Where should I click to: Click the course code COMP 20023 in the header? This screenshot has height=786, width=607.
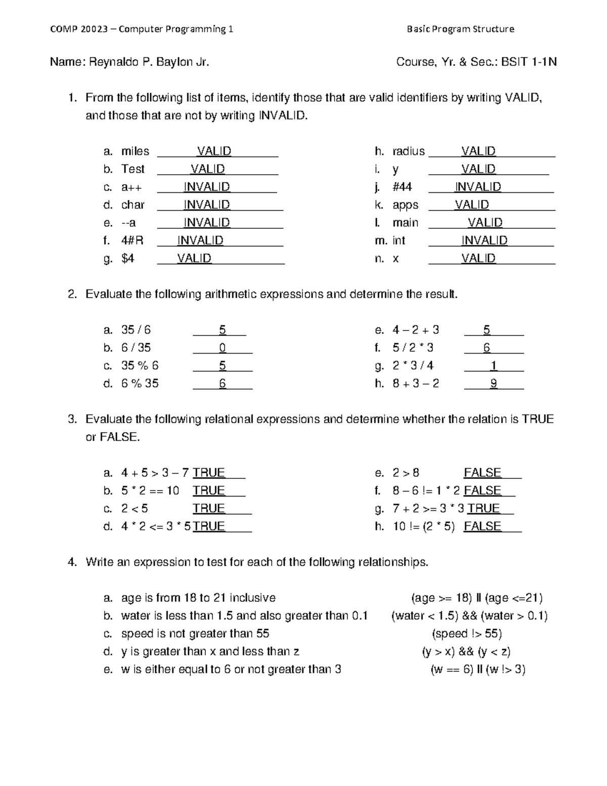point(78,29)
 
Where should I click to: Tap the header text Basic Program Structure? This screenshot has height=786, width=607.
point(460,29)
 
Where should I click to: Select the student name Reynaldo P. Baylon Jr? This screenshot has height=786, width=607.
point(149,62)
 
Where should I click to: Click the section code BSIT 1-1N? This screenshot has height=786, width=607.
point(529,62)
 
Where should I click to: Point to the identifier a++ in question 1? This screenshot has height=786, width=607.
point(132,187)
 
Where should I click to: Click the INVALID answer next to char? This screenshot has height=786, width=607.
point(206,205)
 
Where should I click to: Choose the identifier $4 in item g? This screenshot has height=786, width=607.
point(127,259)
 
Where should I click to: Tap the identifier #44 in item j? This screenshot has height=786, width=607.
point(402,187)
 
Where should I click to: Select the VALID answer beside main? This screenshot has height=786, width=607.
point(485,223)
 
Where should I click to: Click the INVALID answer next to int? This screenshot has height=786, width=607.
point(484,240)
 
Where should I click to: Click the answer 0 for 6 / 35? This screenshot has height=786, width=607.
point(223,348)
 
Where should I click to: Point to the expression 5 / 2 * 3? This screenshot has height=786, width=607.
point(413,348)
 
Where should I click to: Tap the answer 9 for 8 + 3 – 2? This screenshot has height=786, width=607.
point(494,384)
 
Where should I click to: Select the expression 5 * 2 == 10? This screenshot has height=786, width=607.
point(150,491)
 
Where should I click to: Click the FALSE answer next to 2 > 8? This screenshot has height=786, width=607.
point(482,473)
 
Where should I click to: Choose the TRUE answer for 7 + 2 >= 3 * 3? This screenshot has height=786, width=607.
point(484,509)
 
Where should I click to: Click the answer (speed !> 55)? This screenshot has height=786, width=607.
point(466,634)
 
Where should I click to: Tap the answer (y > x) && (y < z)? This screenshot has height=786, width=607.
point(466,652)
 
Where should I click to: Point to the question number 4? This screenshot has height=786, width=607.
point(72,562)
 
